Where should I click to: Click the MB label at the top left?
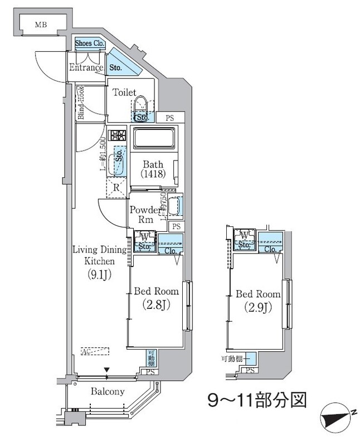[x=41, y=25]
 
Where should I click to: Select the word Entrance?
[x=86, y=68]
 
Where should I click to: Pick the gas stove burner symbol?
[x=118, y=135]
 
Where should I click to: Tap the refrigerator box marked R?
[x=116, y=188]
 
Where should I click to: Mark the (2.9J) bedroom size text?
[x=257, y=306]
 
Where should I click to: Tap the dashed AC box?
[x=95, y=352]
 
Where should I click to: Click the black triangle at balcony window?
[x=106, y=370]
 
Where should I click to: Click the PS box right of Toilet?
[x=168, y=118]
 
